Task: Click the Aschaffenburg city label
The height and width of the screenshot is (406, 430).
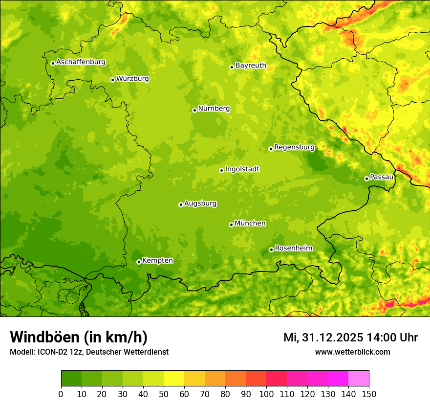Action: click(x=81, y=62)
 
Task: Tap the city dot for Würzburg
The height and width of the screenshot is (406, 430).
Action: click(x=112, y=80)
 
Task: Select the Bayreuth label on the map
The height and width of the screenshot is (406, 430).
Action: click(x=251, y=66)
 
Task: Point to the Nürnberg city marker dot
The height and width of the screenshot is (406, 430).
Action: click(x=194, y=110)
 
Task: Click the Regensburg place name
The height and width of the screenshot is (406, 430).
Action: click(x=294, y=147)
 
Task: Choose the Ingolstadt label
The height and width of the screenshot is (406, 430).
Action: click(x=242, y=169)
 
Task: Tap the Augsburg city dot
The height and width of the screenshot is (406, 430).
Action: click(x=181, y=204)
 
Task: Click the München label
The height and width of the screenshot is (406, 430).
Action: click(x=250, y=224)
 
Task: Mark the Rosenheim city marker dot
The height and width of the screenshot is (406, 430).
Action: click(x=271, y=250)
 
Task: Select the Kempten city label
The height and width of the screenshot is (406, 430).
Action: click(x=157, y=261)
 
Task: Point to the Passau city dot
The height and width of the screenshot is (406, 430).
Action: click(x=366, y=179)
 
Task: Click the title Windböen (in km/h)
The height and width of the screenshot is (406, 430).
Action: click(x=79, y=337)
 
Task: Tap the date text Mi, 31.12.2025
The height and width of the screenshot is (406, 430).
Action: click(x=323, y=338)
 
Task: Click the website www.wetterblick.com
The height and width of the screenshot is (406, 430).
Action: click(x=352, y=352)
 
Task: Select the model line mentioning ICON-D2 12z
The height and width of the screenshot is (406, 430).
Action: click(x=89, y=352)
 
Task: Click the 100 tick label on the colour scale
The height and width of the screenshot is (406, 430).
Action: click(x=266, y=394)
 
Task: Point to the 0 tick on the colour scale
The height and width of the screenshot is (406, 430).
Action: click(x=61, y=394)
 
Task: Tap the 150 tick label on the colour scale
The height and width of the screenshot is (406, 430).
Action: click(x=369, y=394)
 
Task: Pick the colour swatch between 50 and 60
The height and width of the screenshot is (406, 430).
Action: click(x=174, y=379)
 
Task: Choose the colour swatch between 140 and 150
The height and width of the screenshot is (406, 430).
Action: click(x=359, y=379)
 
